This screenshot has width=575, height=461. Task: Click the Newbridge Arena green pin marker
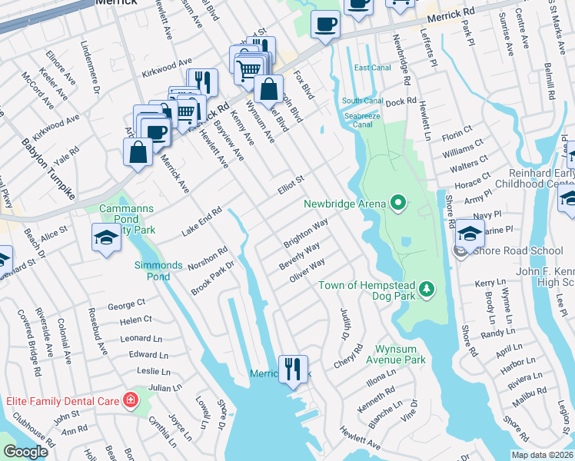click(x=398, y=204)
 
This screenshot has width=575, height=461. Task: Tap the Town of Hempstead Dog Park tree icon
click(x=427, y=290)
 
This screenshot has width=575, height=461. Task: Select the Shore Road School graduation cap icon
click(x=470, y=234)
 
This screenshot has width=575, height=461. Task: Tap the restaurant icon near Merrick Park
click(x=292, y=370)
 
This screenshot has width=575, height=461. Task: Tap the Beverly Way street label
click(x=300, y=255)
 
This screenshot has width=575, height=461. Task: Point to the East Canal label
click(x=372, y=68)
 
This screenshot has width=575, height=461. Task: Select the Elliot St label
click(x=292, y=184)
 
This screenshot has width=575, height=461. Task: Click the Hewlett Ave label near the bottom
click(x=361, y=442)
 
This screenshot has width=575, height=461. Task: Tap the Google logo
click(x=25, y=452)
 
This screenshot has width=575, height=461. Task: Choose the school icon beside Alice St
click(x=106, y=238)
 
